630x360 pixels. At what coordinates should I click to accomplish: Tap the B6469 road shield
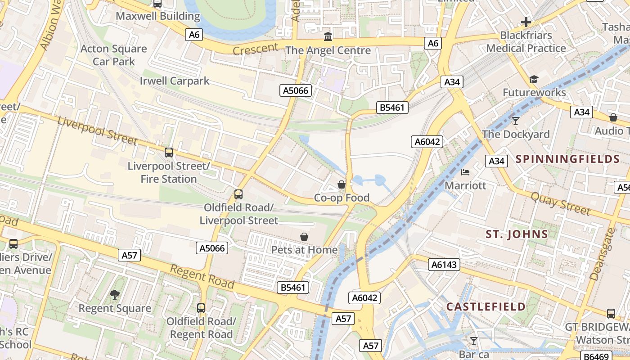pos(598,355)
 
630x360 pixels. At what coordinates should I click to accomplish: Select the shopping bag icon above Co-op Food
pos(342,184)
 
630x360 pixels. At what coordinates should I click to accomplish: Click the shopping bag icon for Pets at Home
pos(304,237)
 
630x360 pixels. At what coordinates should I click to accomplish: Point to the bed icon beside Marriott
pos(465,172)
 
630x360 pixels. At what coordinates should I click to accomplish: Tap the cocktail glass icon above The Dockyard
pos(516,121)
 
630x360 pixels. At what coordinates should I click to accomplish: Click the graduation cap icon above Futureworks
pos(534,80)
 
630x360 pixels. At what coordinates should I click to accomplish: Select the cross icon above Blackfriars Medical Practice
pos(526,22)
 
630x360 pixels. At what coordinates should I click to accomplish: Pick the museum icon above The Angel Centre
pos(328,36)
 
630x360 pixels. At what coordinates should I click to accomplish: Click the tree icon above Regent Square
pos(115,295)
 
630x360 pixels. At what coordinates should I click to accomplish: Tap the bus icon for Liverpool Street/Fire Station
pos(169,153)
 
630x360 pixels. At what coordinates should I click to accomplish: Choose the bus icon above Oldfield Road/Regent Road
pos(201,308)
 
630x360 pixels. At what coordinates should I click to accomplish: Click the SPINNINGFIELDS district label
pos(568,159)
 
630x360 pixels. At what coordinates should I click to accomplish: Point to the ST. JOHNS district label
pos(517,234)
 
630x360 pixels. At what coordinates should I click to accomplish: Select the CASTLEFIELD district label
pos(486,307)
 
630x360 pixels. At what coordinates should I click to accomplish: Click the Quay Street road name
pos(560,203)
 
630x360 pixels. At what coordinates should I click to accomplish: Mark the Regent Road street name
pos(202,276)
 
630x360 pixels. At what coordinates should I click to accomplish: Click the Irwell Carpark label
pos(175,81)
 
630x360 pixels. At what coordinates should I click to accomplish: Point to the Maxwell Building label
pos(158,16)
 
